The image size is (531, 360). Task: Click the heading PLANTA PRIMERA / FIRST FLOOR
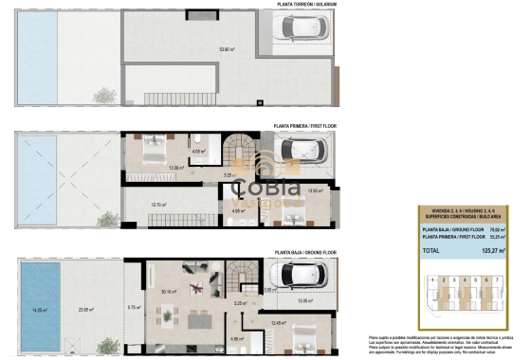(305, 124)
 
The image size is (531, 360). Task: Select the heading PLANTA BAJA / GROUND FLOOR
(306, 252)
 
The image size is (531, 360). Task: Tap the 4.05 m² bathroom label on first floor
(198, 151)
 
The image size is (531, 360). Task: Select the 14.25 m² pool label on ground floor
(40, 309)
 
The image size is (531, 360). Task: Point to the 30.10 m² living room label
(170, 292)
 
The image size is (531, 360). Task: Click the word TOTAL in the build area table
(431, 250)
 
